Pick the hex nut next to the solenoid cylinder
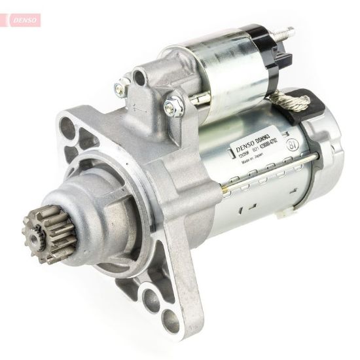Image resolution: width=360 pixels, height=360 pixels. click(175, 101)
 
